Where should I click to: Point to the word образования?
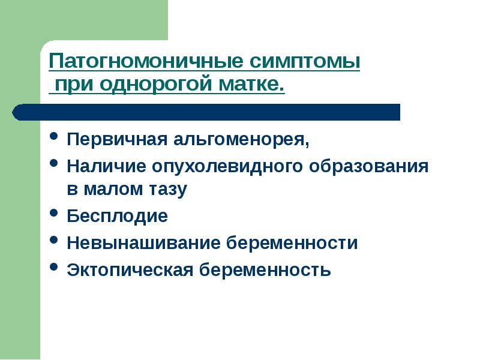pyautogui.click(x=371, y=166)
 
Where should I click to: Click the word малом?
pyautogui.click(x=113, y=190)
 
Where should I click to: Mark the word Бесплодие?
pyautogui.click(x=117, y=216)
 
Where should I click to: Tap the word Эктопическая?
pyautogui.click(x=130, y=269)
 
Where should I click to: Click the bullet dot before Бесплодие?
pyautogui.click(x=54, y=214)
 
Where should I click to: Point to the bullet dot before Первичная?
pyautogui.click(x=54, y=138)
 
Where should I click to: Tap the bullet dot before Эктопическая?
pyautogui.click(x=54, y=268)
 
